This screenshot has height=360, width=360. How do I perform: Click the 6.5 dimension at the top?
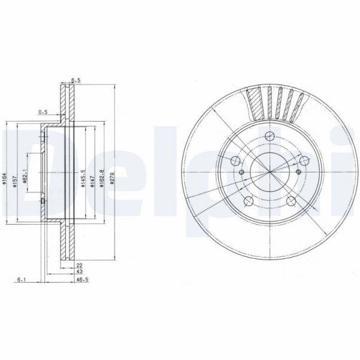[76, 79]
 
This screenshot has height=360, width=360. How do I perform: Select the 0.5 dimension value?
[43, 111]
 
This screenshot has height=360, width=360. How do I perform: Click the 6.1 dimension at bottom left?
[22, 279]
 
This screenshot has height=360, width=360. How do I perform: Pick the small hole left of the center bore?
[241, 173]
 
